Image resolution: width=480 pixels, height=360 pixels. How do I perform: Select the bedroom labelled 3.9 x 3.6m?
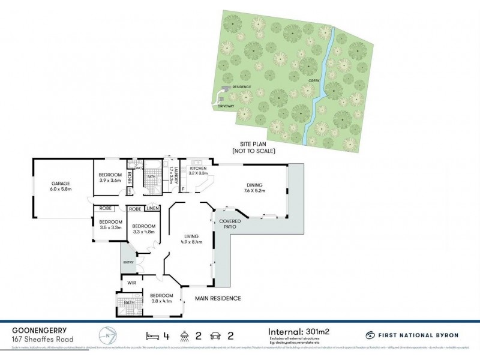tap(110, 178)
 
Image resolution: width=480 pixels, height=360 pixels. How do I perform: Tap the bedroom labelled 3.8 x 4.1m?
tap(161, 299)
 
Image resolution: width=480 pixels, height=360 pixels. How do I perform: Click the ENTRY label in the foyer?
tap(128, 262)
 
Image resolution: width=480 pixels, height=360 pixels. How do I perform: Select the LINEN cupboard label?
tap(152, 208)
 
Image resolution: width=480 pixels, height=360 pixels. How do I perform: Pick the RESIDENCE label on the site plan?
tap(241, 87)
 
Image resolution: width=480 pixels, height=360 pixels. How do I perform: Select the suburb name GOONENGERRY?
tap(39, 329)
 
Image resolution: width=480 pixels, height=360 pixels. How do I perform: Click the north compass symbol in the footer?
tap(106, 334)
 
